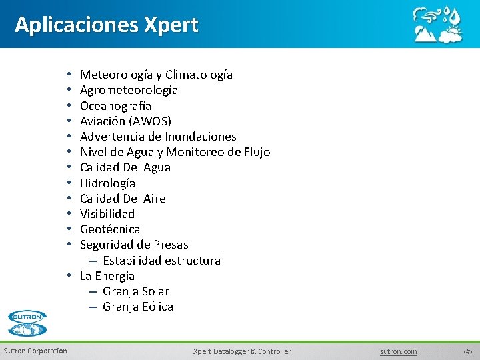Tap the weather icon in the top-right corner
437,25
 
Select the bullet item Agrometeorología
129,90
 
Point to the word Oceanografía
115,105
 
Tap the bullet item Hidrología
107,183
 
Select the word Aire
154,198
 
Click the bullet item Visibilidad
107,213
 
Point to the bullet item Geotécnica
110,229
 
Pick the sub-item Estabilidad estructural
163,260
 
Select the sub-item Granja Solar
136,291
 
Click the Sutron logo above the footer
27,323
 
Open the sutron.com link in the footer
399,351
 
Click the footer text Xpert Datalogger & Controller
242,351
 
